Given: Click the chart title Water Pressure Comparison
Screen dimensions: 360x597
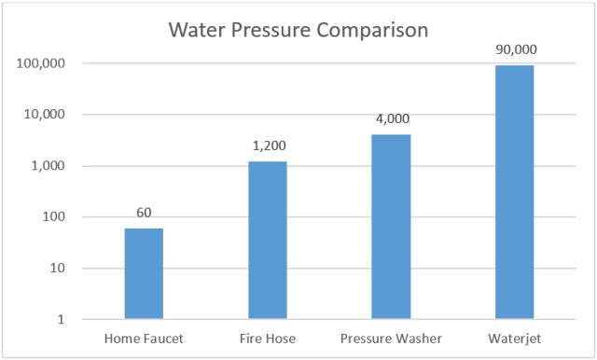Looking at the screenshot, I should [298, 29].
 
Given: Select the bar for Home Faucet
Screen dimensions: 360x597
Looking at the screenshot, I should [144, 273].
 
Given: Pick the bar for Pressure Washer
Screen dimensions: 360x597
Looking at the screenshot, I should [390, 227].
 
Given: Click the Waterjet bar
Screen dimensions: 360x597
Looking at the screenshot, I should [514, 191].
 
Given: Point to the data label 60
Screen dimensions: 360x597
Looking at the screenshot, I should [144, 213].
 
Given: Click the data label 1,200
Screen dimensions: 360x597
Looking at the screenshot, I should [267, 146].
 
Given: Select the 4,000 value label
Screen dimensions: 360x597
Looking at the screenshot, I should [391, 119].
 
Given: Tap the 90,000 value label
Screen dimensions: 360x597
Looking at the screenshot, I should [514, 49].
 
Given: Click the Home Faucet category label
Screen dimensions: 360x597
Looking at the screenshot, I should [144, 338].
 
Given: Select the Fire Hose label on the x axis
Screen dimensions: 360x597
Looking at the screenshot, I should [267, 338].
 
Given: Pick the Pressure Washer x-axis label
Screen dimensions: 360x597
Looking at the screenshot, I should [391, 338].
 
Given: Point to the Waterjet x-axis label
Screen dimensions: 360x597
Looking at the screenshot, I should [514, 338].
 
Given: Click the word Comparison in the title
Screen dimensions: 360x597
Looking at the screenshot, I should [370, 29].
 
